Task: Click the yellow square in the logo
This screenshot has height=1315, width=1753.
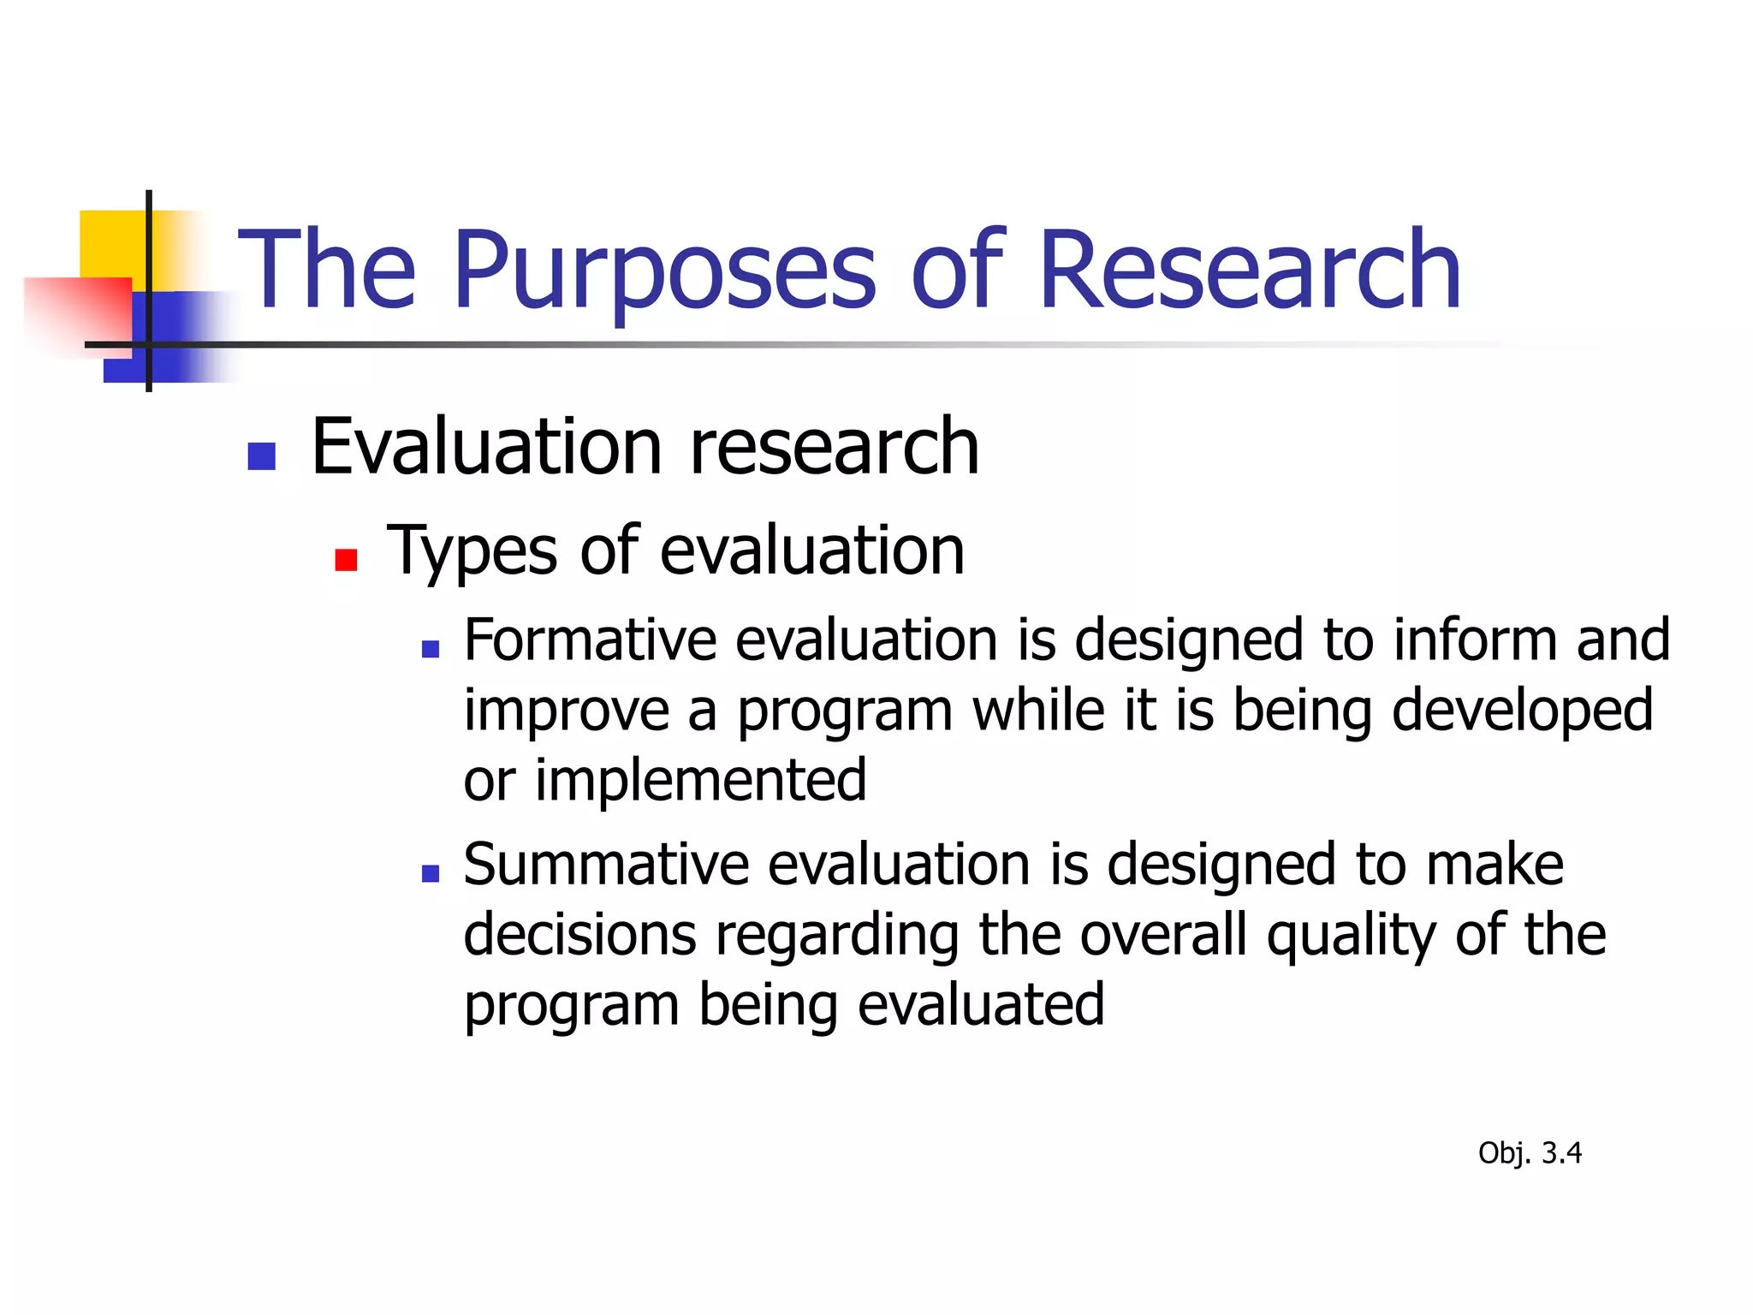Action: (x=111, y=244)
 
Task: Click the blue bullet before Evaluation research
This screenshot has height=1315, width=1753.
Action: (x=261, y=456)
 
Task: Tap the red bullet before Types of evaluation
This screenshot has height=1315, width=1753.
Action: (x=346, y=560)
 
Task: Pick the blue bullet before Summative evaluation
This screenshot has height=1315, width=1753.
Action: (x=431, y=874)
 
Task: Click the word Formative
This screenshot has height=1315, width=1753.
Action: (x=590, y=640)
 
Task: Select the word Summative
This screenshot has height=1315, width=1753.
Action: (x=606, y=865)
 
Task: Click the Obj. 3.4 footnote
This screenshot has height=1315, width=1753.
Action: (x=1529, y=1153)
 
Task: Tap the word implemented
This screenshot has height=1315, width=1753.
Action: (x=700, y=781)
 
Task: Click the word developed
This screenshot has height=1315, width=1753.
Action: (x=1522, y=711)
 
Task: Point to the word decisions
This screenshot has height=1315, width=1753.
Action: (x=579, y=935)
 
